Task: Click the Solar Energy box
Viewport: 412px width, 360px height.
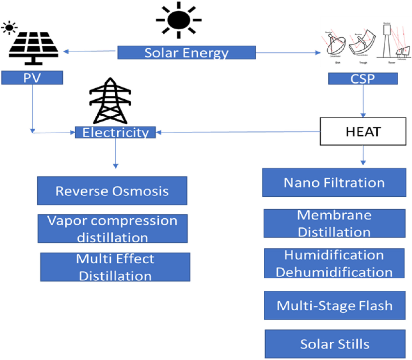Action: [x=186, y=53]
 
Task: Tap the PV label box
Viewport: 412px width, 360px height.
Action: [x=32, y=78]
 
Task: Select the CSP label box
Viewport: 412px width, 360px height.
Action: [x=363, y=79]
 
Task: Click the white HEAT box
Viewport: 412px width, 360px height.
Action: [x=363, y=131]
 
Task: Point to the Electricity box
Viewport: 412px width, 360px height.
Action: [x=115, y=132]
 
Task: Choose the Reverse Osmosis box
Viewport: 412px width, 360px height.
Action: [x=112, y=191]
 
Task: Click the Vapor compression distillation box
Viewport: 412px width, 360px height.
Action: [x=112, y=229]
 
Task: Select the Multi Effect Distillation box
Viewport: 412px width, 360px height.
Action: [x=115, y=267]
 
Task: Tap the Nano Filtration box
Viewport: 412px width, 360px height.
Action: [x=334, y=183]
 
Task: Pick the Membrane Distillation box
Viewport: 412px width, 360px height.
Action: [x=334, y=223]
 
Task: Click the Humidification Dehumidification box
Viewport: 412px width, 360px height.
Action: [x=334, y=263]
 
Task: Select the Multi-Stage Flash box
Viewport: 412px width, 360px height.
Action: [x=335, y=305]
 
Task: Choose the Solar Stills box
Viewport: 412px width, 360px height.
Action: [x=335, y=344]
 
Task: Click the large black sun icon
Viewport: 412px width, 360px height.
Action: [x=178, y=20]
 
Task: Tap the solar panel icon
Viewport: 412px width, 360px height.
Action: [x=33, y=47]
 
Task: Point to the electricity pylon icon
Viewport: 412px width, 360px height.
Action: [x=110, y=101]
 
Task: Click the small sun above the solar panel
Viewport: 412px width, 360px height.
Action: [x=9, y=28]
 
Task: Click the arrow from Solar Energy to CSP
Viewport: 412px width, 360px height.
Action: [x=288, y=52]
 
